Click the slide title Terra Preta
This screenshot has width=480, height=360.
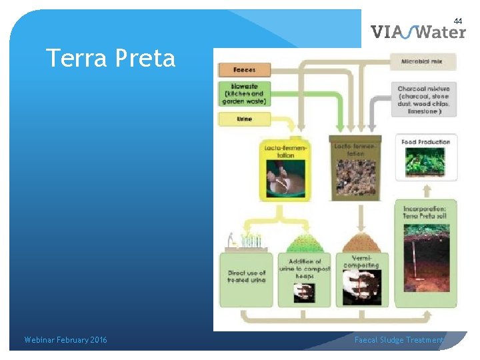pyautogui.click(x=111, y=59)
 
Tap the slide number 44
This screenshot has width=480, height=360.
pyautogui.click(x=457, y=21)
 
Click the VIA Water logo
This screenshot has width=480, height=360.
pyautogui.click(x=418, y=32)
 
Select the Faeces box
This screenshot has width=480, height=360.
pyautogui.click(x=244, y=69)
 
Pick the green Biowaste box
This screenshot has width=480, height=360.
pyautogui.click(x=244, y=94)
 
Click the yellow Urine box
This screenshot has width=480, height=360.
pyautogui.click(x=244, y=119)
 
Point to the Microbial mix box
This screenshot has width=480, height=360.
pyautogui.click(x=424, y=62)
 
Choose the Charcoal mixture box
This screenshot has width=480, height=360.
pyautogui.click(x=424, y=100)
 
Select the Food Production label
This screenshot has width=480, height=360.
pyautogui.click(x=426, y=141)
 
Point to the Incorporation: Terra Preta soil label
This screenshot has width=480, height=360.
pyautogui.click(x=426, y=213)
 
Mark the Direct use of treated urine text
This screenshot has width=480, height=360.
pyautogui.click(x=246, y=277)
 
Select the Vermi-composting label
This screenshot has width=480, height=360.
pyautogui.click(x=361, y=261)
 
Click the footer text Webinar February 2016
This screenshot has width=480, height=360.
pyautogui.click(x=65, y=340)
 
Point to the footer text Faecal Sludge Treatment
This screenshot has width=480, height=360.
pyautogui.click(x=398, y=340)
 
